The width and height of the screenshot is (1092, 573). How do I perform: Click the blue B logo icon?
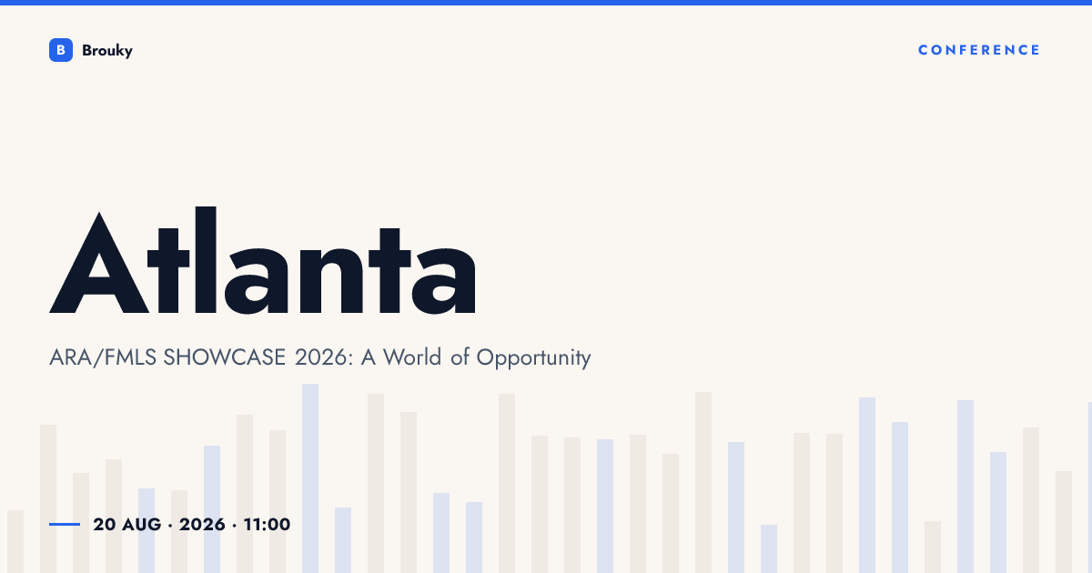click(x=61, y=50)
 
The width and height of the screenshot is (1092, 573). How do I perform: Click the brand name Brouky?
click(x=107, y=51)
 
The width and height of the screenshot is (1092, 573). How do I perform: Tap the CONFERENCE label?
click(x=979, y=50)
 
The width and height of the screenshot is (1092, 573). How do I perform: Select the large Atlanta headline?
click(x=262, y=260)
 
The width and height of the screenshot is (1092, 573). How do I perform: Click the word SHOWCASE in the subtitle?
click(x=224, y=357)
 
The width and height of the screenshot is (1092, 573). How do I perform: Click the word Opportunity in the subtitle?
click(x=533, y=359)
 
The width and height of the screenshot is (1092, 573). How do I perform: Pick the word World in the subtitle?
click(x=412, y=357)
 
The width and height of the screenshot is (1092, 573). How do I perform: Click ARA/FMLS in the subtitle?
click(x=103, y=357)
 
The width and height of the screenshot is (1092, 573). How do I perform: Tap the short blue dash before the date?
click(x=65, y=524)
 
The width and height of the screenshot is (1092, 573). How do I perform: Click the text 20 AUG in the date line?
click(x=126, y=524)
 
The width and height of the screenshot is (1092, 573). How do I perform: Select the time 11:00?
click(x=267, y=524)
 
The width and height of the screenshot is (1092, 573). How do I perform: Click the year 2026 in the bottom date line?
click(x=202, y=524)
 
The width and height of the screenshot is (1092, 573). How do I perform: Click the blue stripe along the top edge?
click(x=546, y=3)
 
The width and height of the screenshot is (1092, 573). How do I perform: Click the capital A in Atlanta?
click(x=99, y=263)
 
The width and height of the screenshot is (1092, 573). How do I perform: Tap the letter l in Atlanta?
click(x=206, y=260)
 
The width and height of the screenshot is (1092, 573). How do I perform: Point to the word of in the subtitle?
click(x=460, y=357)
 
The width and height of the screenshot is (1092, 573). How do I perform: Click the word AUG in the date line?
click(x=141, y=524)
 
